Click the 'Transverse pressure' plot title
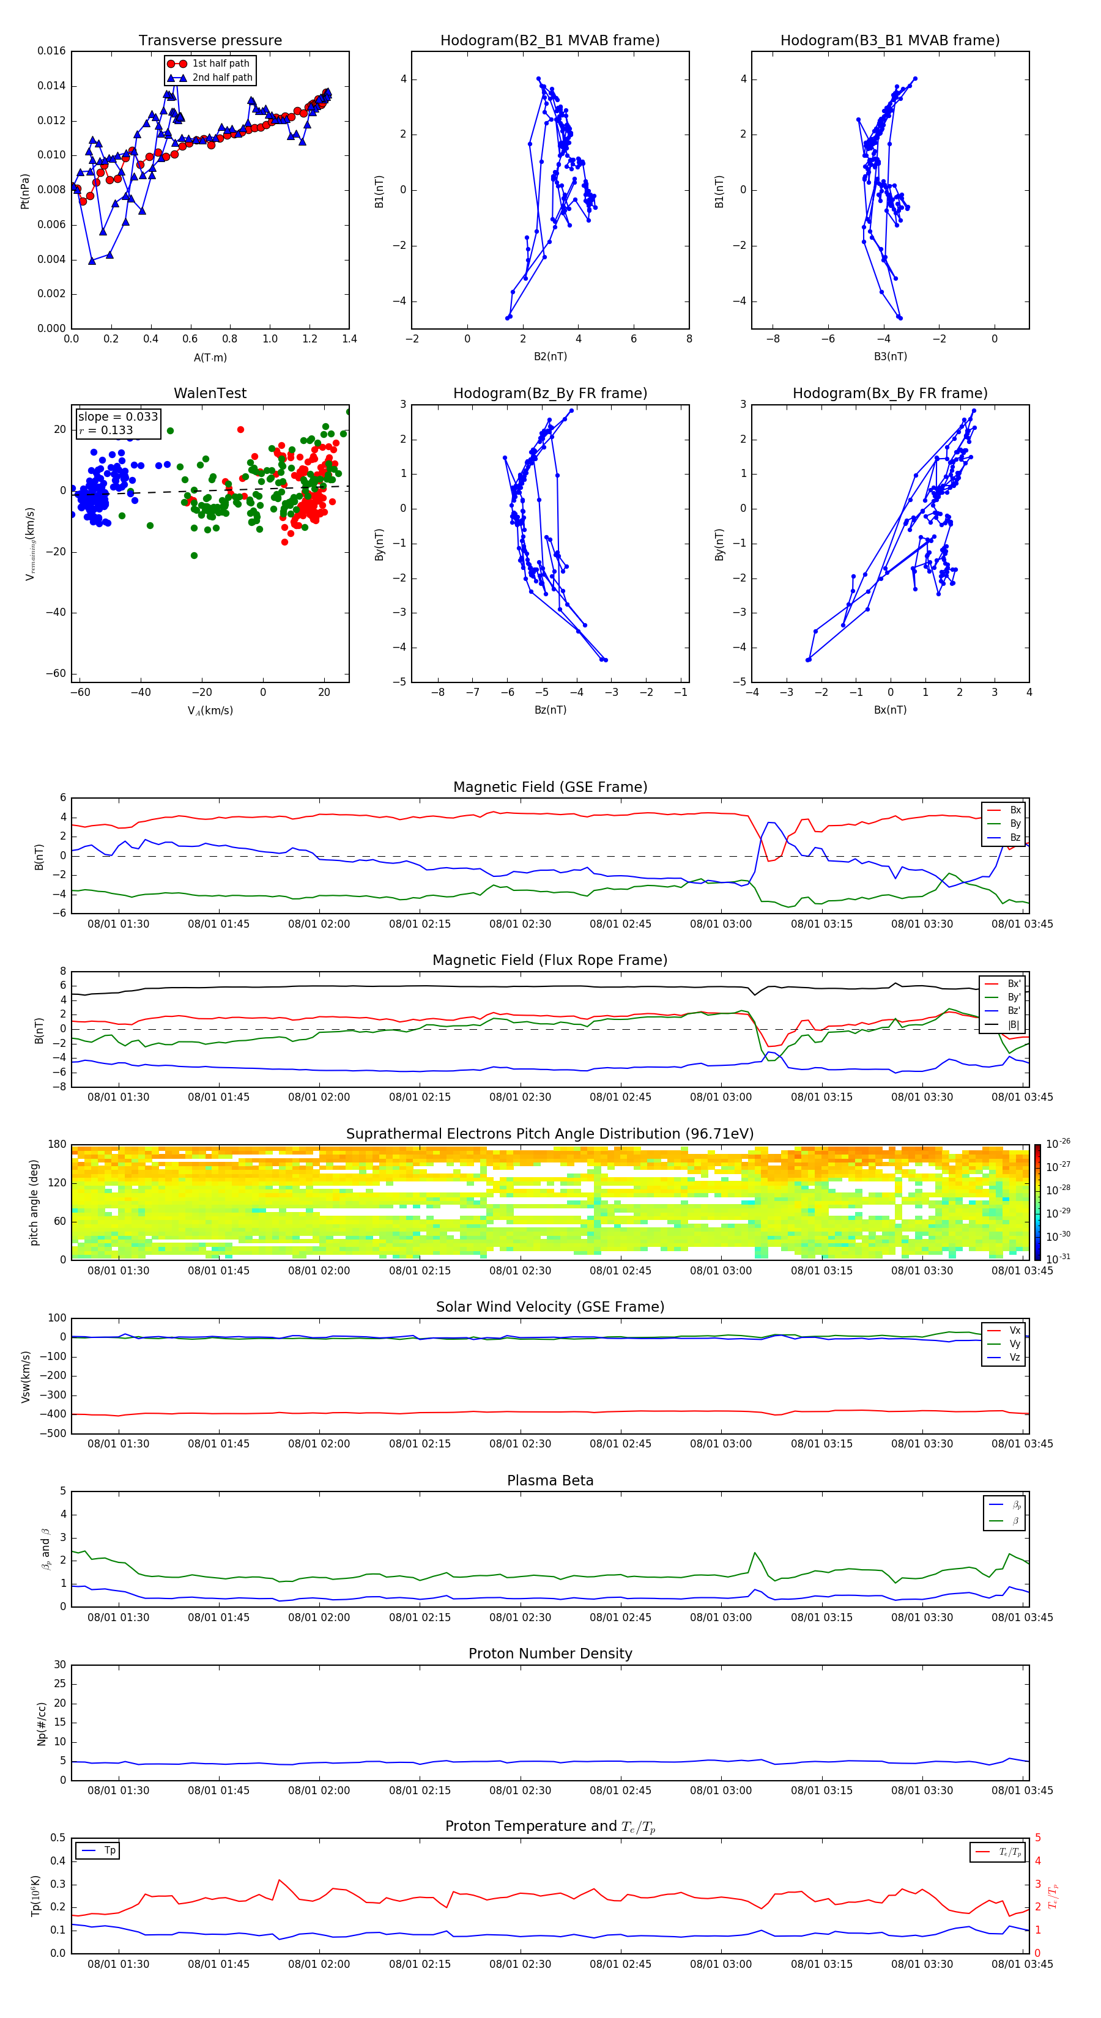(210, 41)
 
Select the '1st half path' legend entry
(220, 64)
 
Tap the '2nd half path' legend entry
(222, 78)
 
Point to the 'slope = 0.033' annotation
(117, 417)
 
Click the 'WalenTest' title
(210, 393)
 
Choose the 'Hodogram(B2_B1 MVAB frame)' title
(549, 41)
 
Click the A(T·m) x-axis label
(210, 358)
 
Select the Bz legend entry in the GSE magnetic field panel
(1015, 837)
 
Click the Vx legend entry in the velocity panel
(1014, 1330)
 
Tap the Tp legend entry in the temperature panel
(109, 1850)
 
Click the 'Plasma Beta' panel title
(550, 1480)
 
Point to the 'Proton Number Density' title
(550, 1654)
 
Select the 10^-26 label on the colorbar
(1058, 1144)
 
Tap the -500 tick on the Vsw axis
(54, 1433)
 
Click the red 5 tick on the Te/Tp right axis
(1039, 1838)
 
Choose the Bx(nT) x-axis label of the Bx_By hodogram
(889, 710)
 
